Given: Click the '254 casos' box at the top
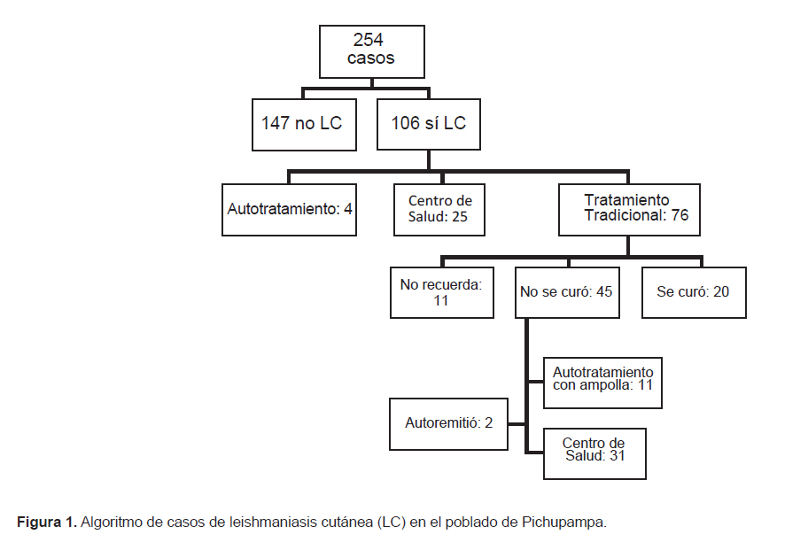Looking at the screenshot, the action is tap(371, 51).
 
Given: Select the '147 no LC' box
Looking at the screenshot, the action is tap(304, 125).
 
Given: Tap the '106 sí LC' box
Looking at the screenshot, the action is tap(429, 125).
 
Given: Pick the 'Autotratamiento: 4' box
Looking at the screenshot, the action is tap(289, 210).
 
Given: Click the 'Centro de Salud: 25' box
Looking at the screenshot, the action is tap(439, 210).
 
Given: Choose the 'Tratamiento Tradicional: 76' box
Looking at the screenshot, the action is tap(629, 210).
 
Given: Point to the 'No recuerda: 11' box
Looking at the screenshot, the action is tap(441, 292).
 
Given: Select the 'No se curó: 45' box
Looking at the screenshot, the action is tap(567, 292).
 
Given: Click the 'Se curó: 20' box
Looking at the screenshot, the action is tap(694, 292).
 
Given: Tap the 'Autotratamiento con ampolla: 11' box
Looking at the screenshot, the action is tap(602, 383).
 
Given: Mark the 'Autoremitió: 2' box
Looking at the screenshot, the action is tap(448, 424).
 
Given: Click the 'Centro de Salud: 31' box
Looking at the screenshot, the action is tap(594, 454).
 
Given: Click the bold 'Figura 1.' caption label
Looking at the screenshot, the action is tap(47, 522).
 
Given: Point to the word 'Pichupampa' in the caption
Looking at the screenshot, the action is tap(564, 523).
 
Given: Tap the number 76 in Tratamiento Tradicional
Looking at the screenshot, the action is tap(680, 215).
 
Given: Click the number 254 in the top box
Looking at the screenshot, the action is tap(368, 40).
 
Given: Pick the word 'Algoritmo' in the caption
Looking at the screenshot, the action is tap(112, 523).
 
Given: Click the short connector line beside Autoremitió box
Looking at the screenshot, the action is tap(517, 424).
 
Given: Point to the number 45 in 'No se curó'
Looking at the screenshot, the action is tap(604, 291).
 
